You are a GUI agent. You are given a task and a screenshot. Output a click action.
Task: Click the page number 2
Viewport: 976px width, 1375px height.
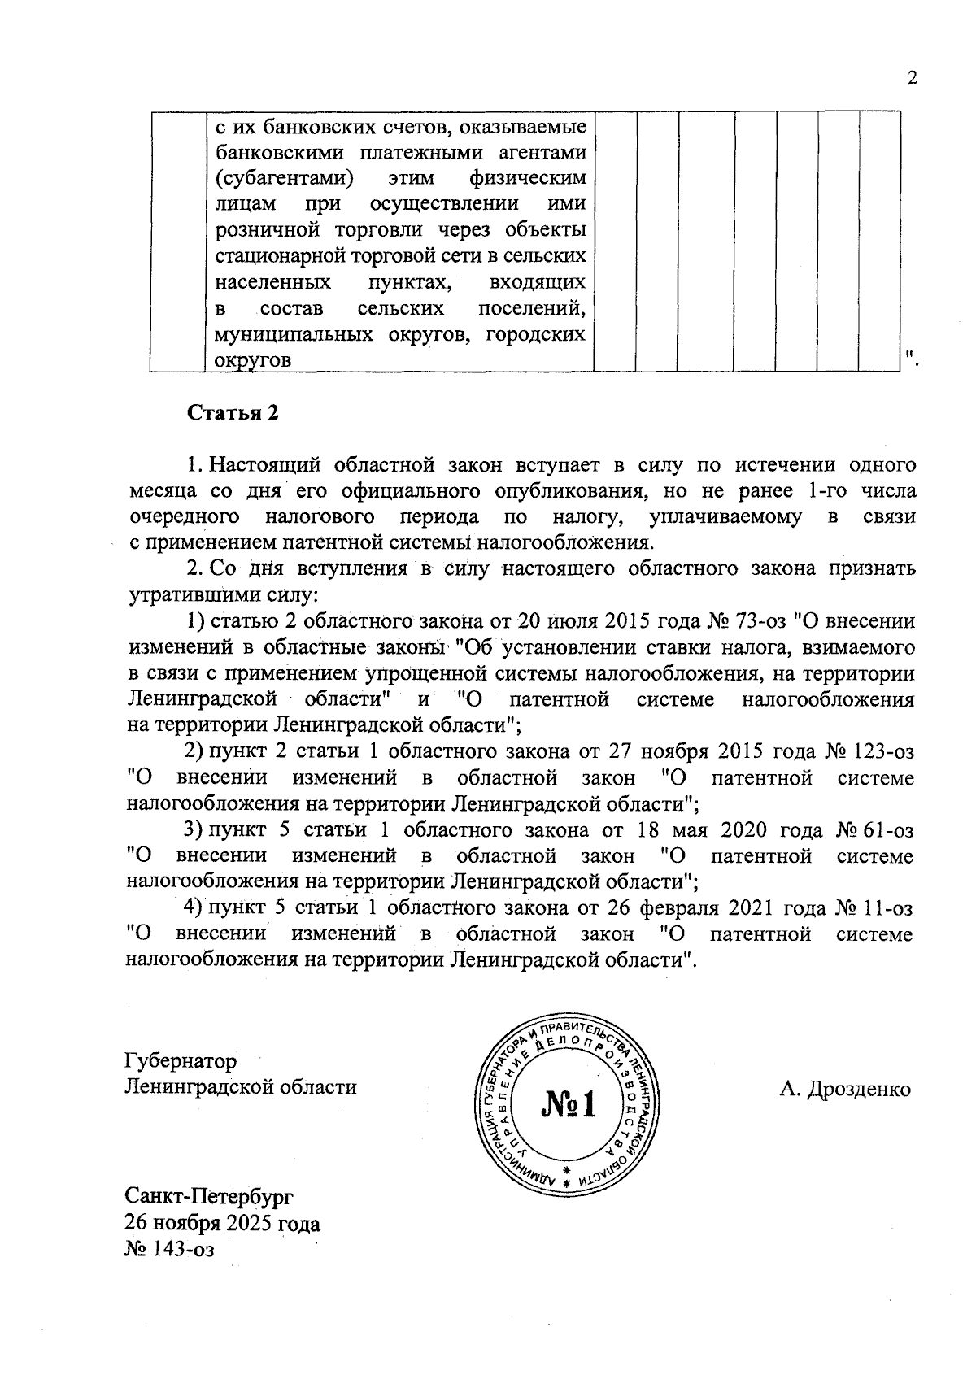pos(911,79)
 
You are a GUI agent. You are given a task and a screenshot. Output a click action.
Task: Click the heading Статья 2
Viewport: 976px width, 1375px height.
pos(233,412)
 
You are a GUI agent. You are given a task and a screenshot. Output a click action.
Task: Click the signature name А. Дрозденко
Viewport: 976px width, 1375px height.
pos(845,1090)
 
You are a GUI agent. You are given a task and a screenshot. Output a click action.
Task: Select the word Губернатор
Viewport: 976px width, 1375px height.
pos(181,1061)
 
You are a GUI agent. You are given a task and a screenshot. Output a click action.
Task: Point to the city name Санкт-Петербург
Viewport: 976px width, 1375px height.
pos(209,1197)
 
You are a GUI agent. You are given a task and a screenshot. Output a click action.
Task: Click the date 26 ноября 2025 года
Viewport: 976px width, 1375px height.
pos(222,1223)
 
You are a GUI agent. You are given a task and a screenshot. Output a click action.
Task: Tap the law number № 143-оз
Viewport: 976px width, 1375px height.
pos(168,1250)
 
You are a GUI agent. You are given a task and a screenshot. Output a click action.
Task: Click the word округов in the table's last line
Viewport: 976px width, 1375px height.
pos(253,360)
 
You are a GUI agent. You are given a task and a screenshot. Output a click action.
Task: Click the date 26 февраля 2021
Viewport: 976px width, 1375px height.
pos(681,907)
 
